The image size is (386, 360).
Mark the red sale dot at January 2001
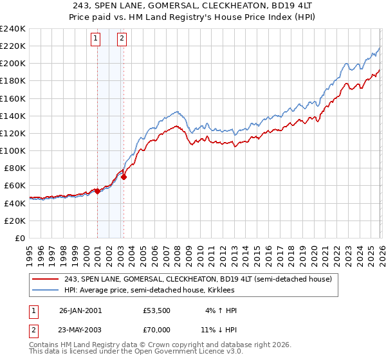[97, 191]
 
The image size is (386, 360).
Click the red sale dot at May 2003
[124, 177]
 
